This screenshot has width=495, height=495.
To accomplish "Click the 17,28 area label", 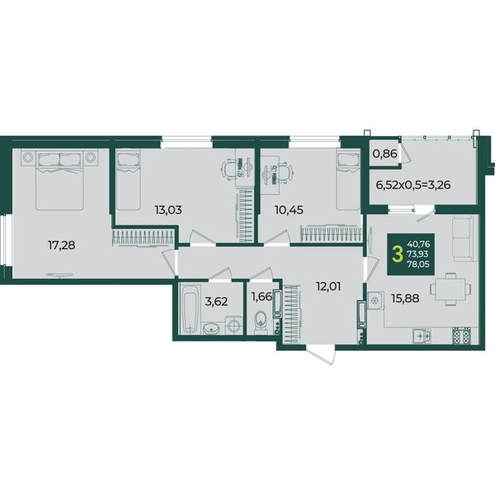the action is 62,245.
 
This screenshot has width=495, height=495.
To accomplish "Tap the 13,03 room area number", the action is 168,210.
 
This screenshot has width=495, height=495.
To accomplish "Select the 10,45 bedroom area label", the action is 289,210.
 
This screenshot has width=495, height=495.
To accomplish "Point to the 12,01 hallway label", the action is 328,286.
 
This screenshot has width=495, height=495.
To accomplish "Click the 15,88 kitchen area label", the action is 405,298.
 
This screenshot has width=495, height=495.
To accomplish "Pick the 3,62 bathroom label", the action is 216,301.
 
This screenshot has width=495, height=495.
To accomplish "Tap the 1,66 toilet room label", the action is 262,296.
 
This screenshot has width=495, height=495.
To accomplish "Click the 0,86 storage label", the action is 384,153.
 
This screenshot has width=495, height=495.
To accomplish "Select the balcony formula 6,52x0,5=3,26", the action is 413,185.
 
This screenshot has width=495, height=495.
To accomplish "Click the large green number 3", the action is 397,254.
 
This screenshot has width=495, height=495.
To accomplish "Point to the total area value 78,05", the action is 418,264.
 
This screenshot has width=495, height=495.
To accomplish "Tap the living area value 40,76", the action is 418,243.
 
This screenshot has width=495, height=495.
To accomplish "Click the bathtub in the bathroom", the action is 190,308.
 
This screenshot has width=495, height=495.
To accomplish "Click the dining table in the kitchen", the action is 450,289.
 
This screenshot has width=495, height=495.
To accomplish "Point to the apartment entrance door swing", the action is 321,355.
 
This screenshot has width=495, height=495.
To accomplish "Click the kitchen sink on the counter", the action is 422,336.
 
